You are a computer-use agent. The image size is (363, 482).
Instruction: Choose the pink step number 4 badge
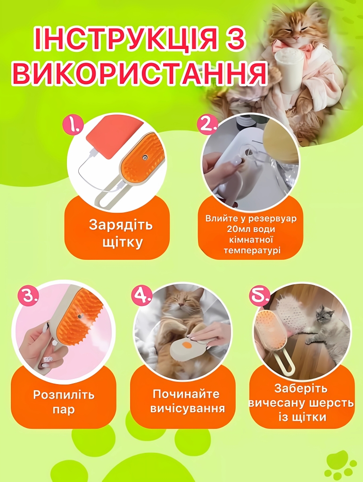coord(142,296)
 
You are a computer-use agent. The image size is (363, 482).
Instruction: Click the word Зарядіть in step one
coord(121,225)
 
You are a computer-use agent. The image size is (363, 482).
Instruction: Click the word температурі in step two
coord(252,250)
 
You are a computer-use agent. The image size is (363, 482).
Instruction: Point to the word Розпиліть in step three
coord(64,394)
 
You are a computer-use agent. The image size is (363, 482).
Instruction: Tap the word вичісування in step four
coord(188,409)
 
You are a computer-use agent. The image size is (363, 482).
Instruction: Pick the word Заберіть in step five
coord(301,388)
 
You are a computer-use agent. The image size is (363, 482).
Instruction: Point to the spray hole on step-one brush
coord(143,158)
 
